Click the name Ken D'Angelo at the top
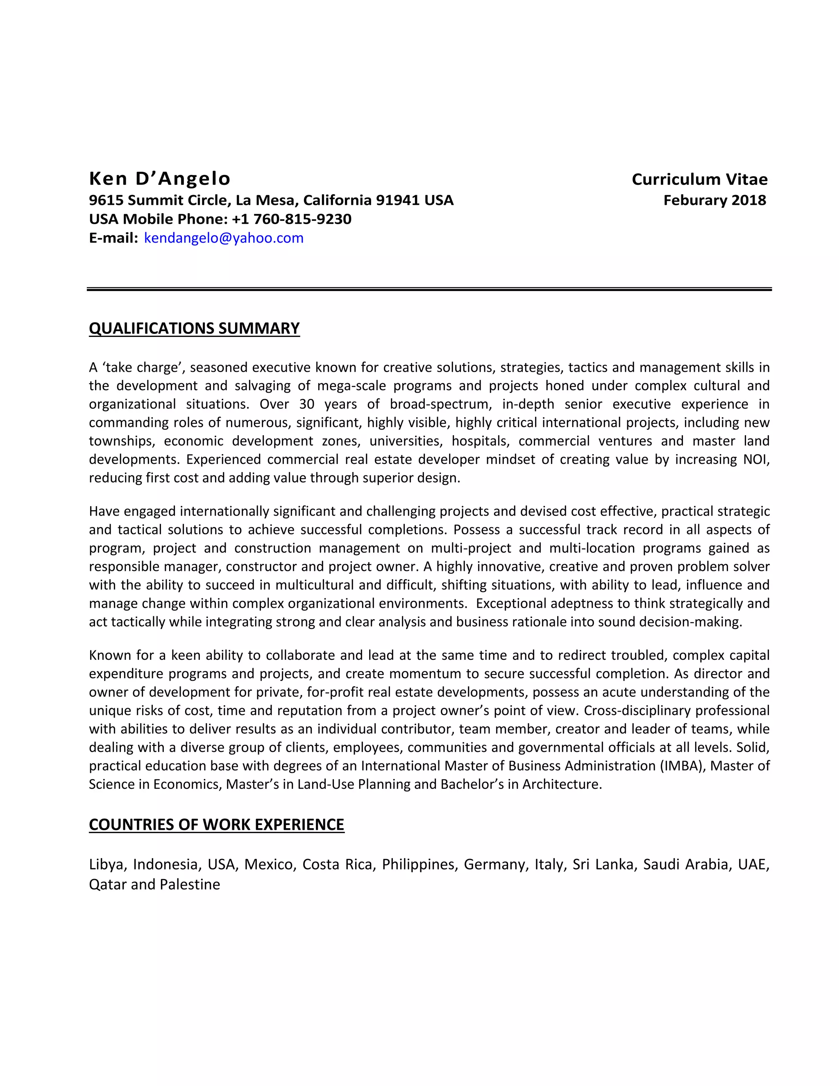coord(159,179)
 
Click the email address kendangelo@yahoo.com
coord(224,238)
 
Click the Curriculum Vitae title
coord(699,179)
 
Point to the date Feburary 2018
coord(714,200)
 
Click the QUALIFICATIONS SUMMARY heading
coord(194,329)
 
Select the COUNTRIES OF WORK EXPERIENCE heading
coord(216,825)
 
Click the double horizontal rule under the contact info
coord(429,289)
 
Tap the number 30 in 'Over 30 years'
coord(307,404)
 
